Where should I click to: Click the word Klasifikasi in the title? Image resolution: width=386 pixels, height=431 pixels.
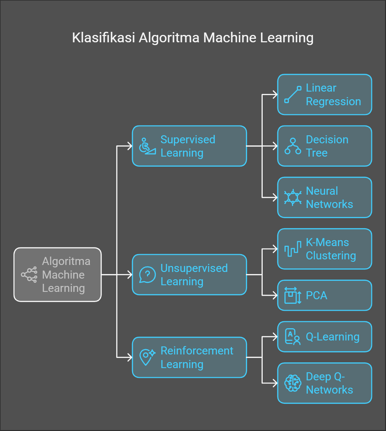pos(103,38)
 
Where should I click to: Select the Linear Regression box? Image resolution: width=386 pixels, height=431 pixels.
pos(325,94)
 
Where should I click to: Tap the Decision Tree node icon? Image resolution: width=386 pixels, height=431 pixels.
pos(293,146)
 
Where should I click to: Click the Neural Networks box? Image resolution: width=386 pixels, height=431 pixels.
pos(325,197)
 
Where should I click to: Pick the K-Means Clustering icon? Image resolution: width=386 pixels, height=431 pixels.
pos(293,249)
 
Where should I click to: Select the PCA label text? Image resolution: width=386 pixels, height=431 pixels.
pos(316,295)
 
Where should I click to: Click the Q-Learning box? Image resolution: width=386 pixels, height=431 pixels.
pos(325,337)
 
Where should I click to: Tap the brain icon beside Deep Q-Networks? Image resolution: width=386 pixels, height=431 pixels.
pos(293,383)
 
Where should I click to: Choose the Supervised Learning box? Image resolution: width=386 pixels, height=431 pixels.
pos(189,146)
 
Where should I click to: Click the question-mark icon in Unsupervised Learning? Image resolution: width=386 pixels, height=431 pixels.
pos(147,275)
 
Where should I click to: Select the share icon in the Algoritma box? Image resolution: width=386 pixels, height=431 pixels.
pos(29,275)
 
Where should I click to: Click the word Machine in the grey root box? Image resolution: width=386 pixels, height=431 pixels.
pos(63,275)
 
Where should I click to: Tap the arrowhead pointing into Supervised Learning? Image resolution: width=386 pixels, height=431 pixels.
pos(130,146)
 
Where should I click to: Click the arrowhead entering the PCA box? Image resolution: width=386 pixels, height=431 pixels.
pos(275,295)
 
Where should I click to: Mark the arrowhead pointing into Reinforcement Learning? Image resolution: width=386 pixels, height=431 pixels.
pos(130,357)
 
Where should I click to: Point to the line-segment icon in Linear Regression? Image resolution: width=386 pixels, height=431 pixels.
pos(293,94)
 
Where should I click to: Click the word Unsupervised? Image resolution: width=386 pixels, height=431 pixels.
pos(194,268)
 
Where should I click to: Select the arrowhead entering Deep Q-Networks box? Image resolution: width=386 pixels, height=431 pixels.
pos(275,383)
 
